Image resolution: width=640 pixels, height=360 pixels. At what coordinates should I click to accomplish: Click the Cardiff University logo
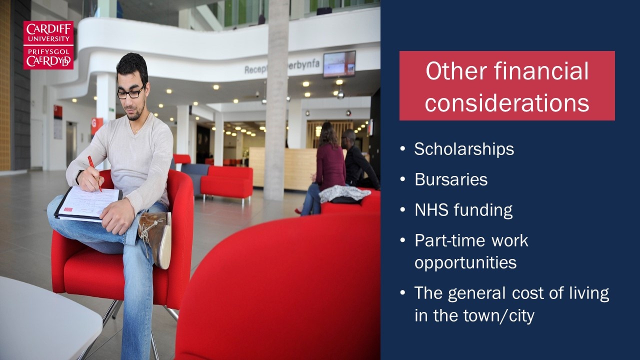pos(48,45)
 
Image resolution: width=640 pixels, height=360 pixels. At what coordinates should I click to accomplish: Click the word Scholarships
pos(464,149)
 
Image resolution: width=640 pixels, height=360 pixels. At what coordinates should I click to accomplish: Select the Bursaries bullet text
pos(451,179)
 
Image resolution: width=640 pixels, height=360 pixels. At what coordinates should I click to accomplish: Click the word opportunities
pos(465,263)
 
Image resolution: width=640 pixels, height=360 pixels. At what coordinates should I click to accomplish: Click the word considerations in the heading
pos(507,102)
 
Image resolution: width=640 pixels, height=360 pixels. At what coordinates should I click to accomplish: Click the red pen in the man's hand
pos(94,173)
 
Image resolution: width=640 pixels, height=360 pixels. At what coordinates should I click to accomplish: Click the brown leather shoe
pos(156,238)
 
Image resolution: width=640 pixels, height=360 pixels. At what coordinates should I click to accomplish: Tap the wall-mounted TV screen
pos(339,64)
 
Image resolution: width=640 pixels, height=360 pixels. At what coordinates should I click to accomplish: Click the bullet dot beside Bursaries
pos(403,179)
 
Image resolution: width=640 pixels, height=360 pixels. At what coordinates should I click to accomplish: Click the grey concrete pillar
pos(276,100)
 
